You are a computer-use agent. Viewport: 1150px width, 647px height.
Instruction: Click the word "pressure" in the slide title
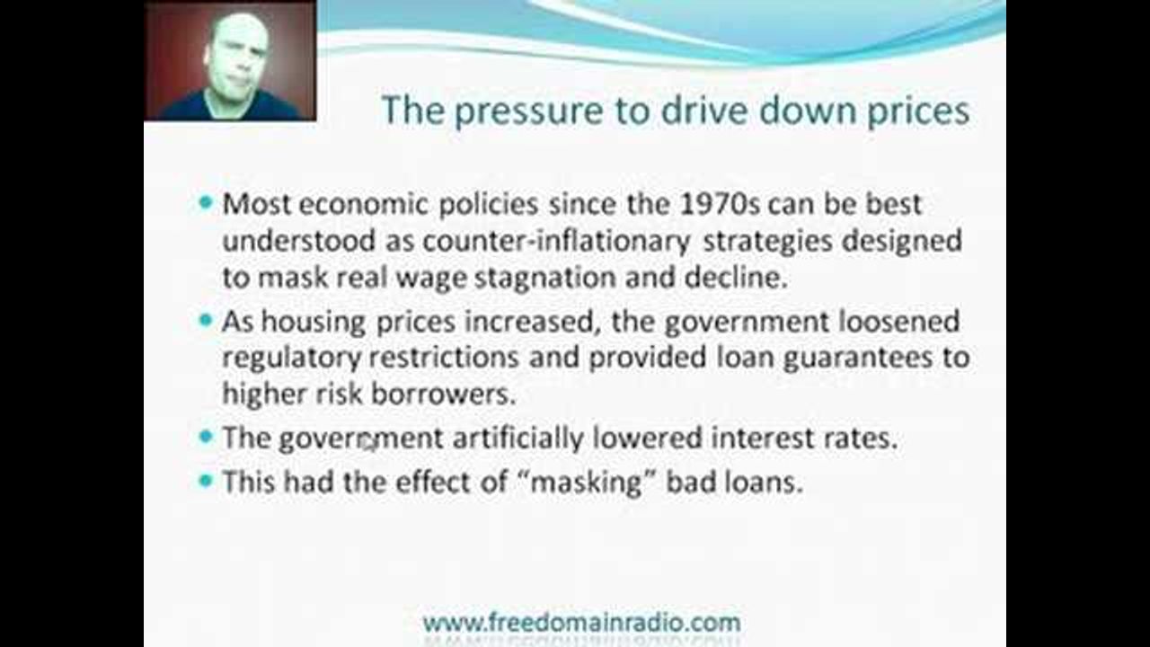click(x=529, y=111)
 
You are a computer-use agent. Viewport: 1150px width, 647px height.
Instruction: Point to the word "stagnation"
click(x=544, y=279)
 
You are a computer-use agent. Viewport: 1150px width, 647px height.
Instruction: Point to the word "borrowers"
click(x=443, y=394)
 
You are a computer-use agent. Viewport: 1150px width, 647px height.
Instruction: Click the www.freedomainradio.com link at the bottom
click(x=581, y=623)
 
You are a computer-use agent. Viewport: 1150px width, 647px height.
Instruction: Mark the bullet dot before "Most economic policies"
click(x=206, y=202)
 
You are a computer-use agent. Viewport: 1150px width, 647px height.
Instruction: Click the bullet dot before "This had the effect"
click(x=206, y=481)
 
